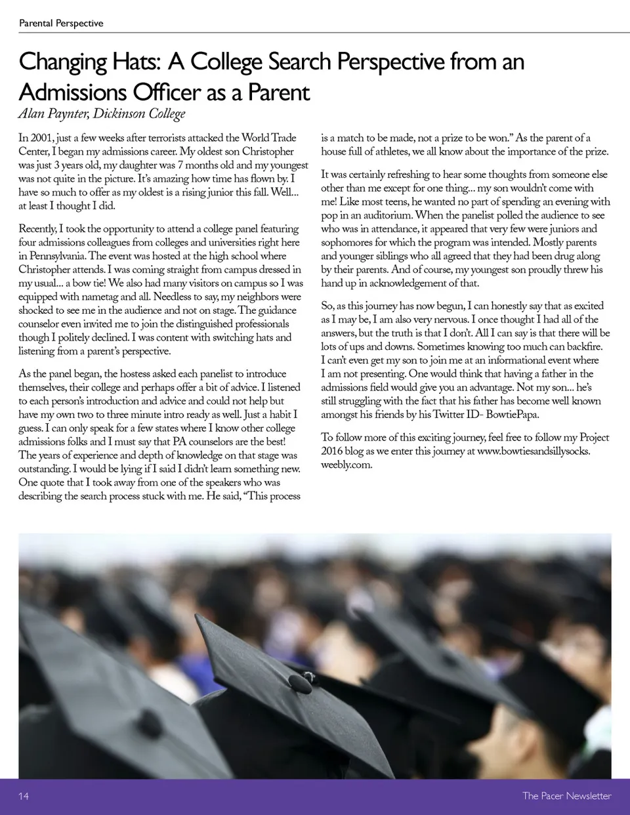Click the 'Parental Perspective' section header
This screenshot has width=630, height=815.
tap(61, 24)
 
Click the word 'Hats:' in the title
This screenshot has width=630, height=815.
tap(130, 62)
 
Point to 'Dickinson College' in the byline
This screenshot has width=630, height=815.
tap(139, 114)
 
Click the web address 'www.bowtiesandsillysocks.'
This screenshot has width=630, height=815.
tap(534, 451)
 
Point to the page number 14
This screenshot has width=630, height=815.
tap(24, 797)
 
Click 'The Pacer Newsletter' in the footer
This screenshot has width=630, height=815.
tap(566, 797)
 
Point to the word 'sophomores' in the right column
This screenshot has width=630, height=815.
tap(347, 242)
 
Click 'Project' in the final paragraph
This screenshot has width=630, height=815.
tap(592, 438)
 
